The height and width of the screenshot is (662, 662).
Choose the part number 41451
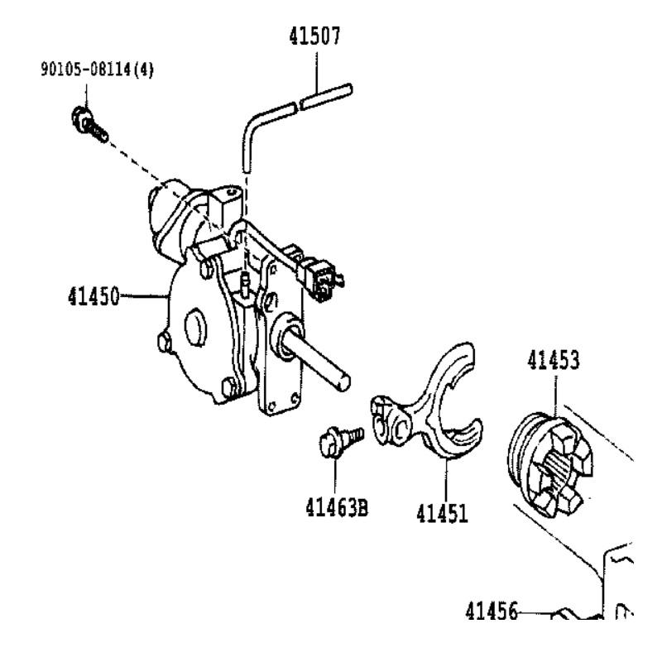pyautogui.click(x=441, y=513)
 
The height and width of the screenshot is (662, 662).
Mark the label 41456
pyautogui.click(x=490, y=612)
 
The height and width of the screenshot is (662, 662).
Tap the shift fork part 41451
pyautogui.click(x=430, y=405)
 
